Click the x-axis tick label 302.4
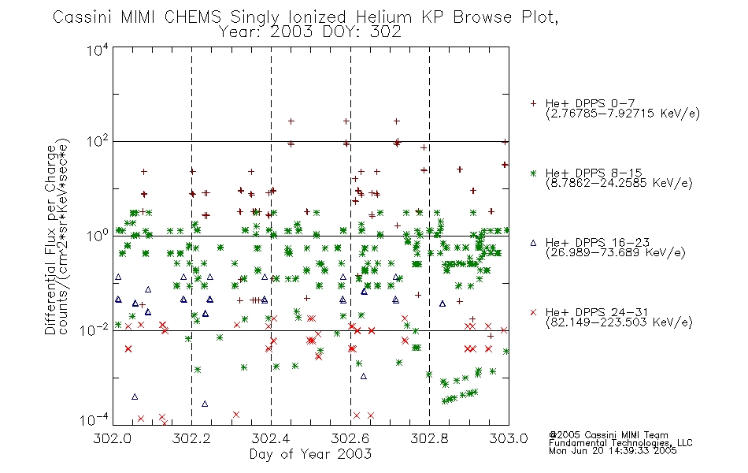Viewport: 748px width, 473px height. (x=271, y=438)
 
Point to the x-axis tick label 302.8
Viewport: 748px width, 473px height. (x=429, y=438)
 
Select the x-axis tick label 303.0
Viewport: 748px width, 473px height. (x=509, y=438)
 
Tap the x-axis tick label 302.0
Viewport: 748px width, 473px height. (x=113, y=438)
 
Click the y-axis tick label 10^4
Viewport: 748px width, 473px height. (x=98, y=50)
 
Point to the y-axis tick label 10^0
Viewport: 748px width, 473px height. (x=98, y=236)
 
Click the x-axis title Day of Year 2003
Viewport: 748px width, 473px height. (x=310, y=454)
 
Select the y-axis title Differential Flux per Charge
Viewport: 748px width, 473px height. (x=50, y=240)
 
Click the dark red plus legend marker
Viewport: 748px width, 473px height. (x=533, y=103)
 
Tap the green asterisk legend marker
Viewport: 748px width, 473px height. (x=533, y=173)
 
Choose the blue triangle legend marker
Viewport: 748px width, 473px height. (x=533, y=243)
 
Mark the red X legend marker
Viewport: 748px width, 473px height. (x=533, y=312)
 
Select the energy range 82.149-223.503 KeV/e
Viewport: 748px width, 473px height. (x=619, y=322)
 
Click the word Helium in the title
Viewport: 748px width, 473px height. (x=383, y=17)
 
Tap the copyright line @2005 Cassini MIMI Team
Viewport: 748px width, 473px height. (x=608, y=435)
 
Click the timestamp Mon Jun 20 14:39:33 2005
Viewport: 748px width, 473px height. (x=613, y=451)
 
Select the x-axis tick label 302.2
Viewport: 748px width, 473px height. (x=192, y=438)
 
